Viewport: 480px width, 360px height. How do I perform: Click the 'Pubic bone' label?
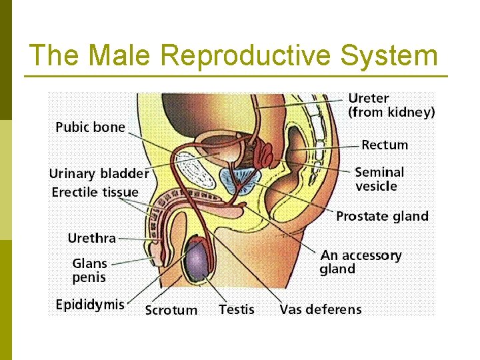[x=90, y=127]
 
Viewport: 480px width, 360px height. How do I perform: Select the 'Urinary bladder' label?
[x=99, y=174]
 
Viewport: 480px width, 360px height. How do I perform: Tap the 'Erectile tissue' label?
[x=95, y=193]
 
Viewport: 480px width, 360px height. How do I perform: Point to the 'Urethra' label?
[x=91, y=238]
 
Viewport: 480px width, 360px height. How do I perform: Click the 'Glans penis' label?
[x=89, y=270]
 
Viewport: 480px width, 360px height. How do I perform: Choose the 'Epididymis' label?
[x=89, y=305]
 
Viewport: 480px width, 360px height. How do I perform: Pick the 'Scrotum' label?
[x=171, y=310]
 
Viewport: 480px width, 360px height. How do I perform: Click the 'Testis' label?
[x=237, y=309]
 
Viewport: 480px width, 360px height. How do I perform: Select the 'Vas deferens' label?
[x=321, y=309]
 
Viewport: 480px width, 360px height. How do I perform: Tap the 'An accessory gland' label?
[x=361, y=262]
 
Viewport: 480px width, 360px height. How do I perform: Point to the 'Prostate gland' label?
[x=382, y=216]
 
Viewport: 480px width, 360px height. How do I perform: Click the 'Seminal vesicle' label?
[x=379, y=179]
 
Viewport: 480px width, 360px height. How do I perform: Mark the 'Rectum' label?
[x=385, y=145]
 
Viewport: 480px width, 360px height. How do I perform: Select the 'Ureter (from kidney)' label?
[x=391, y=105]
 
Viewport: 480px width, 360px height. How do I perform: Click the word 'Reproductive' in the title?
[x=247, y=56]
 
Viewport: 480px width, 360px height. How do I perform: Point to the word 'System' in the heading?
[x=389, y=56]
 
